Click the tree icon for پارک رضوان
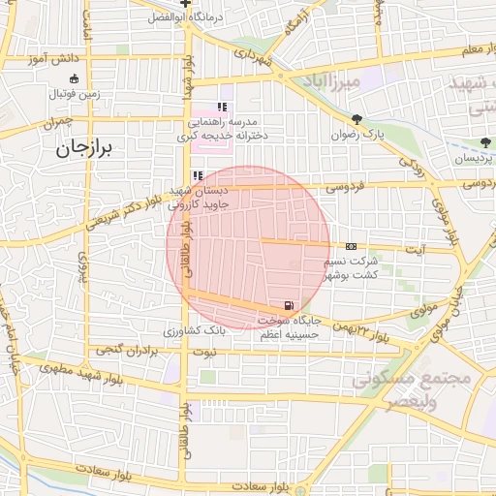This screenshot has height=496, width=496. [x=358, y=119]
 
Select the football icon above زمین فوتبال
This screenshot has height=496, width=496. [x=74, y=78]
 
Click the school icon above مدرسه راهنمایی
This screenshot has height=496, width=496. [x=222, y=107]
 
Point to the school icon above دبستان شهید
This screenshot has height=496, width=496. [x=198, y=175]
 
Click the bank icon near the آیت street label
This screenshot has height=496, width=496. [x=351, y=247]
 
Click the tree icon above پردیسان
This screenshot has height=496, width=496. [x=484, y=141]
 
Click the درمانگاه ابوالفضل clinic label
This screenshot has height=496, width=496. [x=187, y=17]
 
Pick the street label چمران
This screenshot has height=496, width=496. [x=57, y=124]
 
